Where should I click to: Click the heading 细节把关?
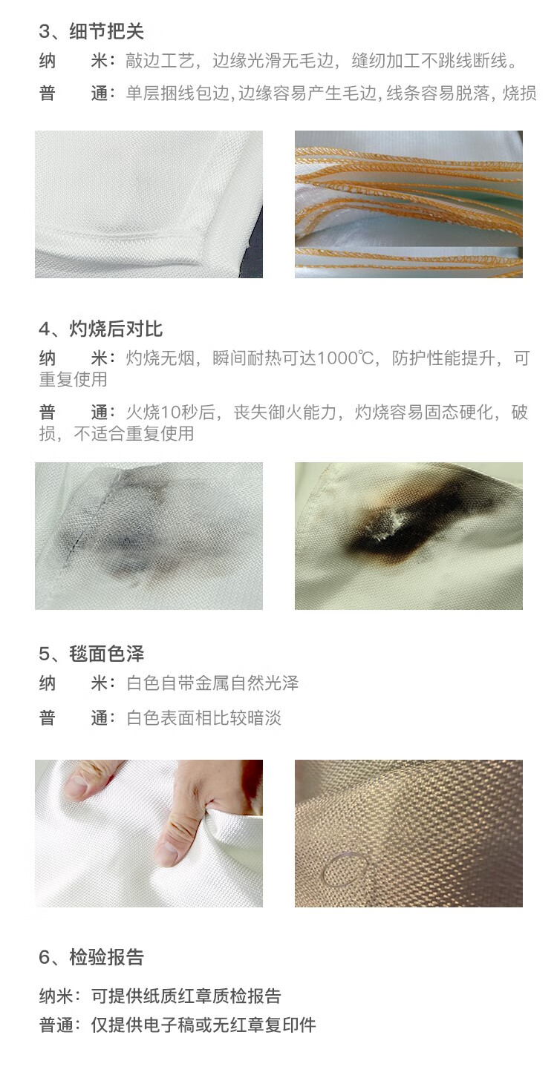[106, 32]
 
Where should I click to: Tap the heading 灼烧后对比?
[116, 329]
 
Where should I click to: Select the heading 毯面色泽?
[106, 654]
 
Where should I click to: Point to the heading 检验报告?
[106, 957]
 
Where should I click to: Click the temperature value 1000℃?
[345, 358]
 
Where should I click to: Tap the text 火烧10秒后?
[170, 413]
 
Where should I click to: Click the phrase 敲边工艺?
[160, 61]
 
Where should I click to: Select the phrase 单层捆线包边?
[177, 93]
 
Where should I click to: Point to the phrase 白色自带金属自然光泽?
[212, 683]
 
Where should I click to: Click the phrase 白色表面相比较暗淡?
[203, 718]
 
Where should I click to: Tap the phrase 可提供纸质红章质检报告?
[186, 996]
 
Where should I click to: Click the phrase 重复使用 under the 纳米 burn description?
[73, 380]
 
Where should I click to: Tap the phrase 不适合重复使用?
[134, 433]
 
